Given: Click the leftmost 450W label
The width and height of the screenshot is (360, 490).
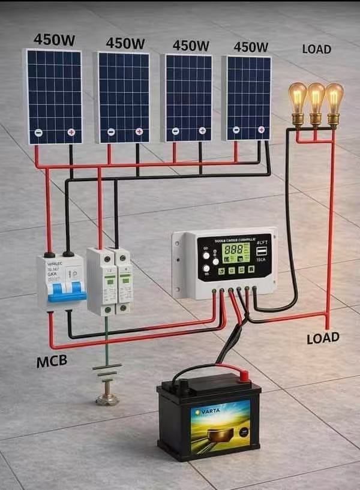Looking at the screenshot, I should pyautogui.click(x=53, y=40).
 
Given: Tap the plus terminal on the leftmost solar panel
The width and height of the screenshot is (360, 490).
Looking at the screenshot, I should pyautogui.click(x=71, y=133).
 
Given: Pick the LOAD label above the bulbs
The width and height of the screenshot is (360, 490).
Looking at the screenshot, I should pyautogui.click(x=316, y=49).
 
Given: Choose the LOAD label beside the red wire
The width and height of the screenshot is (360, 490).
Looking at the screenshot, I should pyautogui.click(x=323, y=338).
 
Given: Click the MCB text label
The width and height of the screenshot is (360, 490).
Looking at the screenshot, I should pyautogui.click(x=52, y=362).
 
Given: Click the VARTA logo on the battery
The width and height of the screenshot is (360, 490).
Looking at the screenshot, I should pyautogui.click(x=206, y=413).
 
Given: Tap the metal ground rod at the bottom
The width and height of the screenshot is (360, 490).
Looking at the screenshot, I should pyautogui.click(x=107, y=397).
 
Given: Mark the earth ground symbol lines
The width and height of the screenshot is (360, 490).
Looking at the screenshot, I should pyautogui.click(x=107, y=370).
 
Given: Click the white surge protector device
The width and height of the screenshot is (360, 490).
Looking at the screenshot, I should pyautogui.click(x=109, y=281).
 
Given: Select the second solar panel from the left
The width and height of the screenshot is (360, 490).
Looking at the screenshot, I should pyautogui.click(x=123, y=97).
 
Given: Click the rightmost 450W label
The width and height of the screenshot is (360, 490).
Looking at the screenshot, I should pyautogui.click(x=251, y=47).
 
